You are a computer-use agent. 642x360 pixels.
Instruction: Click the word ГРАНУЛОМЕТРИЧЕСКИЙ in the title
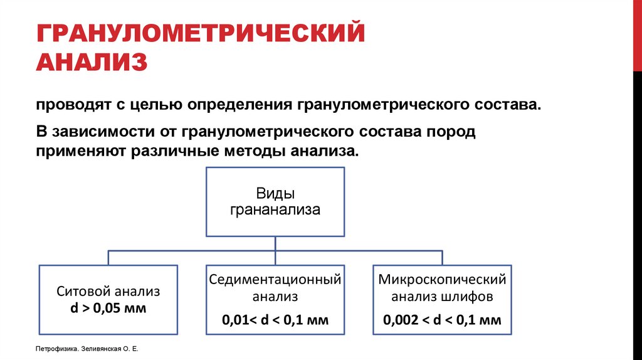point(200,33)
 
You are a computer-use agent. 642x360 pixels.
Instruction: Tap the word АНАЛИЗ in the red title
point(92,62)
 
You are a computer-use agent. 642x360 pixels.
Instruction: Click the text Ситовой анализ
point(108,292)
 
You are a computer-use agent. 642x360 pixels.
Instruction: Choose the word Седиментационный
point(275,278)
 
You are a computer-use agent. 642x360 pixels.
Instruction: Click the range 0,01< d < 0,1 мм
point(275,320)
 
